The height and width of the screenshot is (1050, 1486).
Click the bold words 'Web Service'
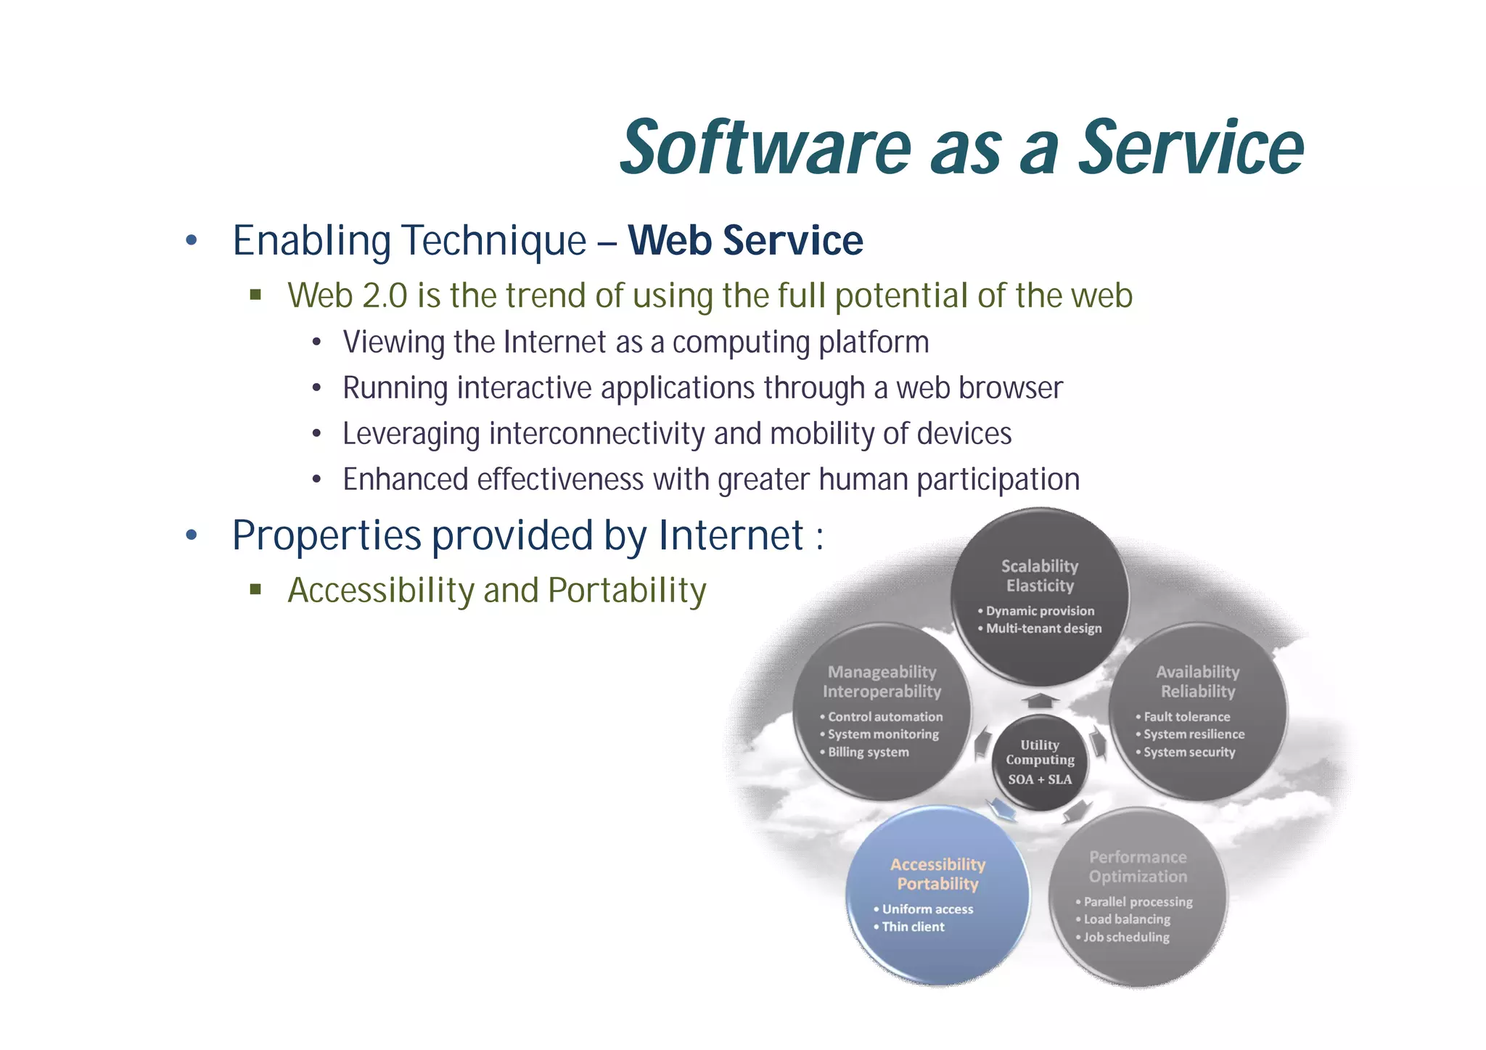(x=745, y=240)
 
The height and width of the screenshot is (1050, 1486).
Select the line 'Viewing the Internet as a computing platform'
(x=636, y=342)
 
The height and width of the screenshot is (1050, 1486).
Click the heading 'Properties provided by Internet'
(x=517, y=536)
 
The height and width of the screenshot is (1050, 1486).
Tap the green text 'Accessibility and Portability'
(x=496, y=590)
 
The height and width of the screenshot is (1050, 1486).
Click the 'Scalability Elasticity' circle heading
(x=1040, y=575)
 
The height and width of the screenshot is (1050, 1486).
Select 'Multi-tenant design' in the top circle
(x=1043, y=628)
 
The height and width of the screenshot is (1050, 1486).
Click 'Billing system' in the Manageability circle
(x=868, y=752)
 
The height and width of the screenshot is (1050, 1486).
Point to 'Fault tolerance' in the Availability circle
(x=1186, y=717)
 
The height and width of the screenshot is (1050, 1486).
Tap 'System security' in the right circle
(x=1189, y=752)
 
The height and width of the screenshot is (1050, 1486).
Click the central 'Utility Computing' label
(x=1040, y=752)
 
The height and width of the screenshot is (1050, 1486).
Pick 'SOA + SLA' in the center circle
(x=1040, y=779)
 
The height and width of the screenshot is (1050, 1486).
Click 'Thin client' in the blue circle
(x=913, y=927)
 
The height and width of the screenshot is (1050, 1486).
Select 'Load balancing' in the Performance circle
(x=1127, y=919)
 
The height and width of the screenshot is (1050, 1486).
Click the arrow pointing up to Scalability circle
(x=1040, y=700)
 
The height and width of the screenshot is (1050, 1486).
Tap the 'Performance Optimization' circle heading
(x=1138, y=866)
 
